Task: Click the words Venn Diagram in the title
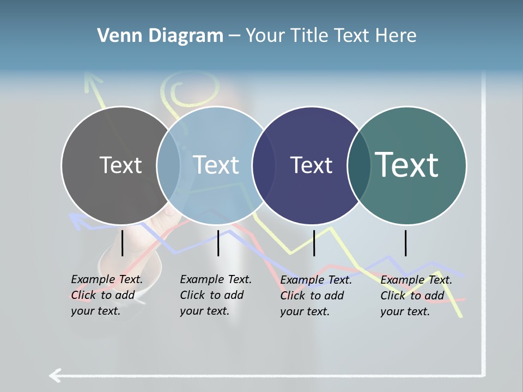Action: [x=160, y=36]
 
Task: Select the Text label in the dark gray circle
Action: [x=120, y=165]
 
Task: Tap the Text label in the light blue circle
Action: [x=216, y=165]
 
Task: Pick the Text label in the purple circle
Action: [x=311, y=165]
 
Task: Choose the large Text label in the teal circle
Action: [x=407, y=164]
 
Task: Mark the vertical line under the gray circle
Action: [x=123, y=243]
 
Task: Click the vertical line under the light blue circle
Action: [x=218, y=243]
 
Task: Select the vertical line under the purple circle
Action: [x=314, y=243]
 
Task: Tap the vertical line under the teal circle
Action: [x=405, y=243]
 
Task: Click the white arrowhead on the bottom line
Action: [x=54, y=375]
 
